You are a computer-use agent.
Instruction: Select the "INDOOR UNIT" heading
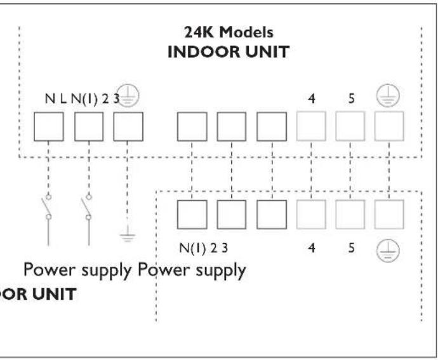228,52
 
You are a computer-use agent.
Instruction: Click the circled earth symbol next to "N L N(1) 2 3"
130,97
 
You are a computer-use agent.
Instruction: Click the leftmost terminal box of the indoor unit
48,128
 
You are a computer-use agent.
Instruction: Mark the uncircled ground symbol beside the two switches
128,236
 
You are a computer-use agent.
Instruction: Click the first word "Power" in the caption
48,270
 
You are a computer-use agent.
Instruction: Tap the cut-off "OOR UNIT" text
38,295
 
